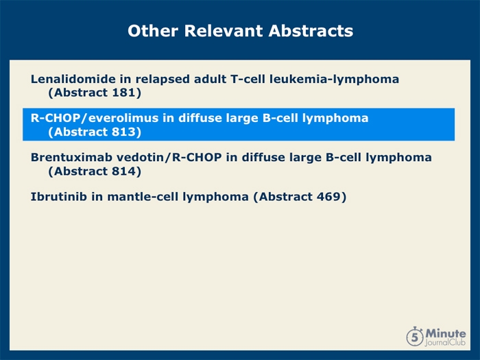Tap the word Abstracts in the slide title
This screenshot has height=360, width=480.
[x=311, y=31]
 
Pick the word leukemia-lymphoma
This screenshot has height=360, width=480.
[x=335, y=80]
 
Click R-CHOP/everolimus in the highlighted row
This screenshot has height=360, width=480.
[x=95, y=118]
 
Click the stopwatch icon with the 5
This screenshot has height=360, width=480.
[x=415, y=336]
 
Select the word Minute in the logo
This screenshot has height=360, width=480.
[x=446, y=333]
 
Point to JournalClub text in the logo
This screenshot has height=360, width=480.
[x=446, y=342]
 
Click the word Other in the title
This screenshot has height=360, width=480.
[x=153, y=31]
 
